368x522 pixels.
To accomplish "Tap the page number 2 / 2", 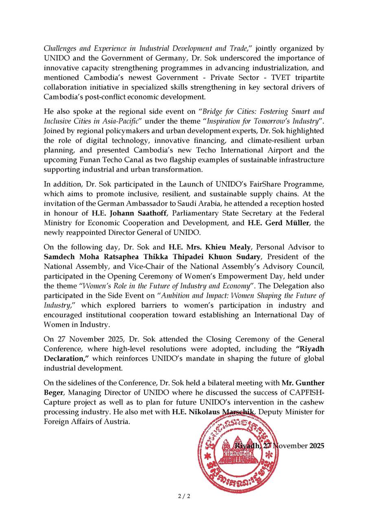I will [x=184, y=496].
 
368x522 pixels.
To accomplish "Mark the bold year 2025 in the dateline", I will [x=317, y=446].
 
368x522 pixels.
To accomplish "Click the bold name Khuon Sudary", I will [x=236, y=257].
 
